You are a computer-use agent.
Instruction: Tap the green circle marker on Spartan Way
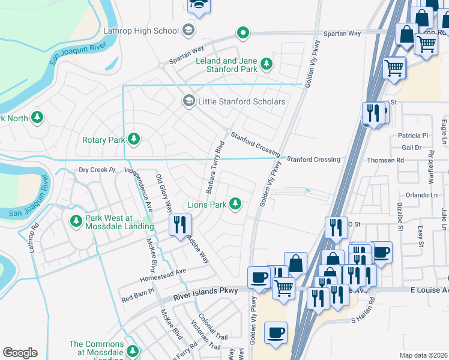(x=243, y=33)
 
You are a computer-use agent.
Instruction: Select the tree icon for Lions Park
(x=236, y=205)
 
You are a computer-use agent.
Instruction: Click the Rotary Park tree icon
(x=133, y=140)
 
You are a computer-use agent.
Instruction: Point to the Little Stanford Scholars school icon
(x=189, y=101)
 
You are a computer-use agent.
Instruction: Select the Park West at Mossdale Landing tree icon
(x=76, y=221)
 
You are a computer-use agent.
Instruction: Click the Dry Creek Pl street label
(x=97, y=170)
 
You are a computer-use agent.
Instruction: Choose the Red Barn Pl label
(x=137, y=295)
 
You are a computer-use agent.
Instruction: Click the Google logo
(x=20, y=353)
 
